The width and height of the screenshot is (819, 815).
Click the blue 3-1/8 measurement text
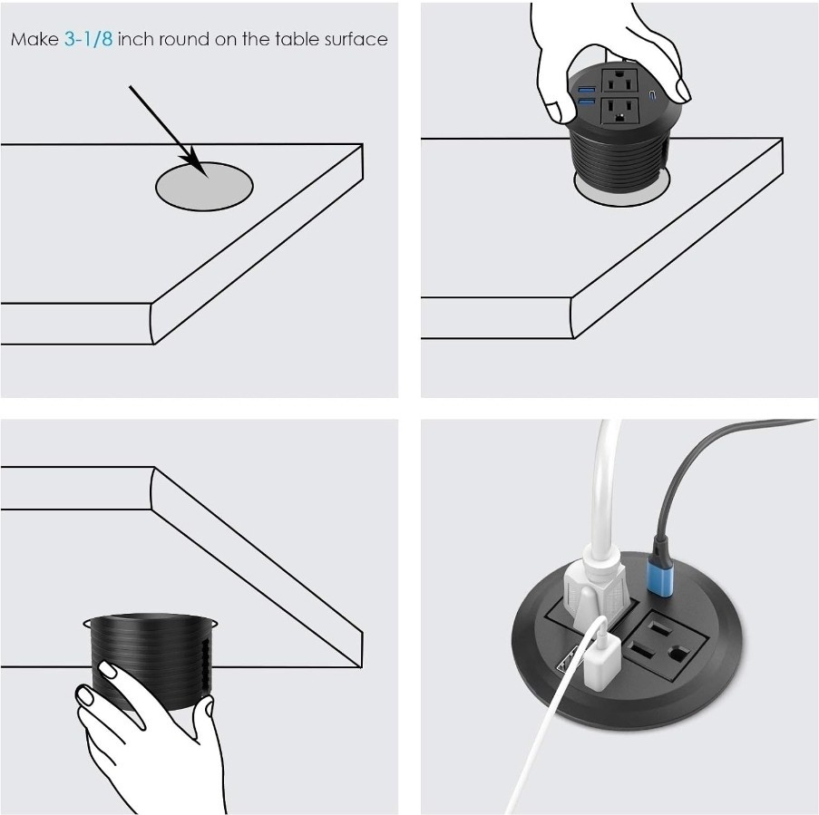pos(88,39)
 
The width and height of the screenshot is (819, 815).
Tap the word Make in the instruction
pos(34,39)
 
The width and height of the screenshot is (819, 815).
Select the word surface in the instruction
pos(356,39)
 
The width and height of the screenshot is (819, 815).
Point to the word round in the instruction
pos(184,39)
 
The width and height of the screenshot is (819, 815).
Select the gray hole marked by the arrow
pos(204,187)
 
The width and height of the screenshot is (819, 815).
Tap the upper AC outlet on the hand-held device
pos(619,81)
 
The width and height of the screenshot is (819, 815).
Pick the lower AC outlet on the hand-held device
pos(619,111)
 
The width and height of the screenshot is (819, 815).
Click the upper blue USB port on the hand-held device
pos(586,89)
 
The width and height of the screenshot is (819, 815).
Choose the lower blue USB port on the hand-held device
pos(586,102)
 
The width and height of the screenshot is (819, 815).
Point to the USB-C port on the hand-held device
pos(651,95)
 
